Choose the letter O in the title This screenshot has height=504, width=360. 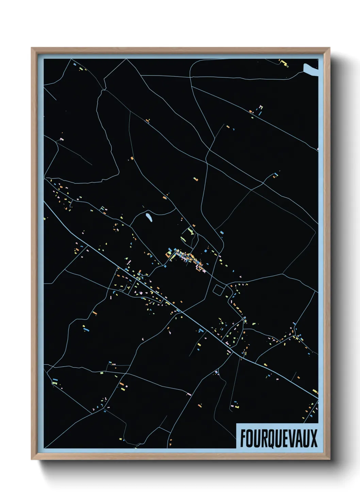click(x=250, y=438)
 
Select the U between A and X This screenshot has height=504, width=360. click(x=306, y=438)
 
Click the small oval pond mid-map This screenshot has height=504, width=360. click(x=149, y=218)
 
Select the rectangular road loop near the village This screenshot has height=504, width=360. click(x=218, y=290)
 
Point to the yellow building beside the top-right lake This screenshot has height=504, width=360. click(x=284, y=63)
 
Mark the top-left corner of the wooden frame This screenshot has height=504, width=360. click(x=32, y=48)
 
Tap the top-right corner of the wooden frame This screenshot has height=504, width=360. click(x=330, y=48)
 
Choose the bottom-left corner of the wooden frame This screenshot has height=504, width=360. click(x=32, y=459)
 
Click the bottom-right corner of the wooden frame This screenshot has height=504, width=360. click(x=330, y=459)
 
